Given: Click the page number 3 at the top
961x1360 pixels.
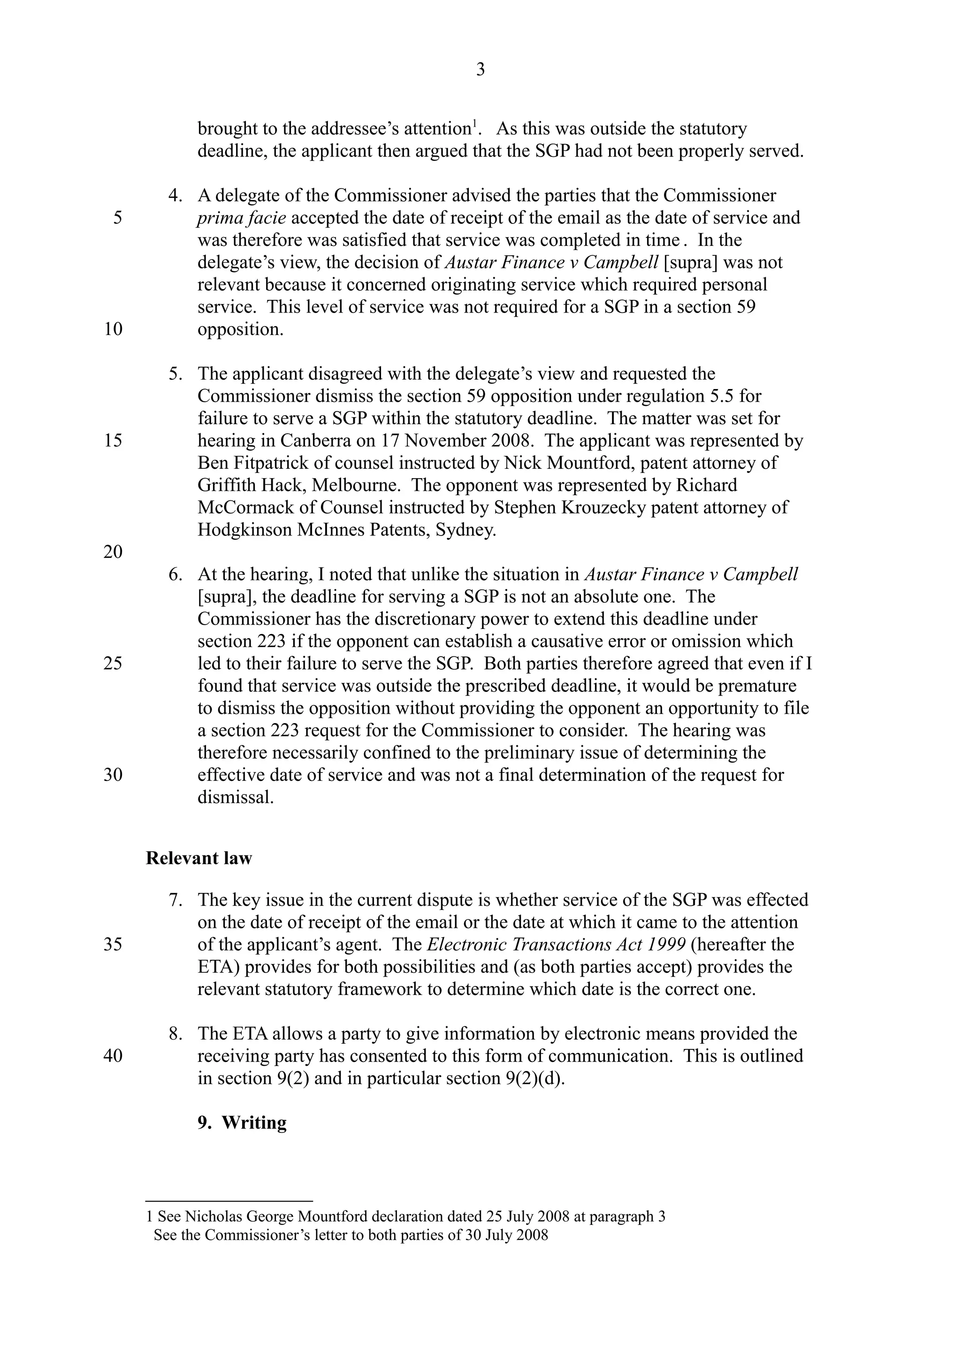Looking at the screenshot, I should [480, 70].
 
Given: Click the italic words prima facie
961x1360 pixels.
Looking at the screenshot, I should [242, 218].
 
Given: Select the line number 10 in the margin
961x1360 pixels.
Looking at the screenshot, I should [113, 329].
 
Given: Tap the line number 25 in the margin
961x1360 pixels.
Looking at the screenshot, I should [113, 664].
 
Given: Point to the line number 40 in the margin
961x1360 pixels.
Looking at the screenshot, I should [113, 1056].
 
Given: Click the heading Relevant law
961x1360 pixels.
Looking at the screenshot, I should [199, 858].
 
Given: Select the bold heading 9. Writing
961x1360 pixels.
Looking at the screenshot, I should [242, 1123].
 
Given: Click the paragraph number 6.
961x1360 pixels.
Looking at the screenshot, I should [175, 574].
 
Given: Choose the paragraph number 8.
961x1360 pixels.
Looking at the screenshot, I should [175, 1034].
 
